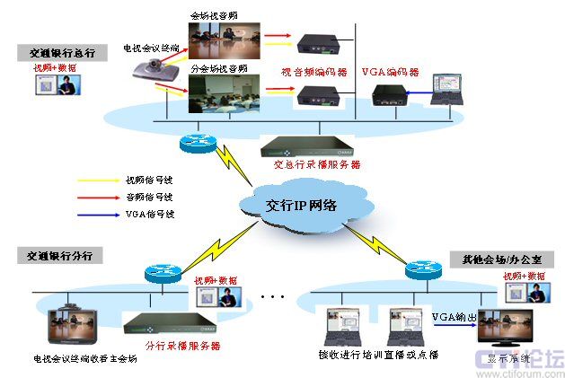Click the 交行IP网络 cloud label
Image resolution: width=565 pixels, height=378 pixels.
point(301,205)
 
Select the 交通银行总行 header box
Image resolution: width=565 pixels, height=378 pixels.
point(56,53)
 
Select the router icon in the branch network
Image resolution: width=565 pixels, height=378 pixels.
point(162,272)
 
